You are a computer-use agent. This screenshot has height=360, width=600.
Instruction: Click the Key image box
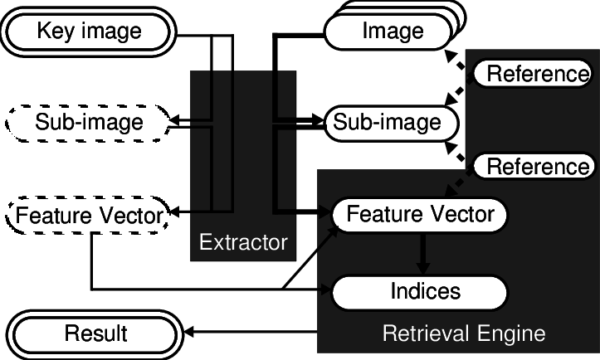89,32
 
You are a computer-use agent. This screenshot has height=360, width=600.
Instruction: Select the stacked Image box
392,32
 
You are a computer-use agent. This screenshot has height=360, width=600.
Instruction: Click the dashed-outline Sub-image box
89,123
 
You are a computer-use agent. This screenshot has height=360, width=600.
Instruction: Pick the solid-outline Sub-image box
387,123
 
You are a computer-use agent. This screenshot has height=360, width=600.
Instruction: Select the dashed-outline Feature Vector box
89,216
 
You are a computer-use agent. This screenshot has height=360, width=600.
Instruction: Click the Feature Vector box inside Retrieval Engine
420,215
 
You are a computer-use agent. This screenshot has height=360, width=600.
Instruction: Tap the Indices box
420,291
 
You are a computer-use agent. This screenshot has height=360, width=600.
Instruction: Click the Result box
95,333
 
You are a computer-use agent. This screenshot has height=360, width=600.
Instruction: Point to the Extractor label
243,243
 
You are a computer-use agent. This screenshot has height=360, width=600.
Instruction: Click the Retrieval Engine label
463,333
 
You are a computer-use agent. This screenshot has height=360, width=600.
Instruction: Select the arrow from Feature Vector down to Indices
422,253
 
